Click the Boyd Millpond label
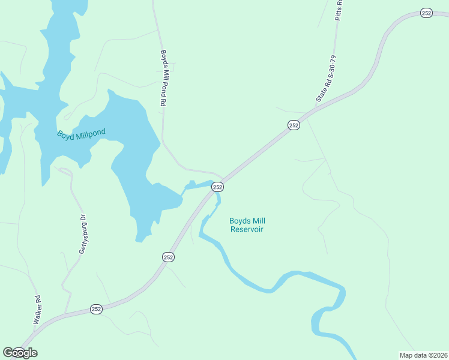click(81, 134)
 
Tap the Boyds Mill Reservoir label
click(246, 225)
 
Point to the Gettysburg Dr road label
click(84, 233)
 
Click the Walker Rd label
click(37, 310)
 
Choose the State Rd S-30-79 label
click(326, 79)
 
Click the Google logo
click(20, 353)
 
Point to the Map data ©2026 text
click(423, 355)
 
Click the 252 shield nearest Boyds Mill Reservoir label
click(217, 187)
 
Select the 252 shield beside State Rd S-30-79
click(293, 125)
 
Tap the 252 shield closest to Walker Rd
click(97, 308)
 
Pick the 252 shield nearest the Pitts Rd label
click(426, 13)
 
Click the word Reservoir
click(247, 229)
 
